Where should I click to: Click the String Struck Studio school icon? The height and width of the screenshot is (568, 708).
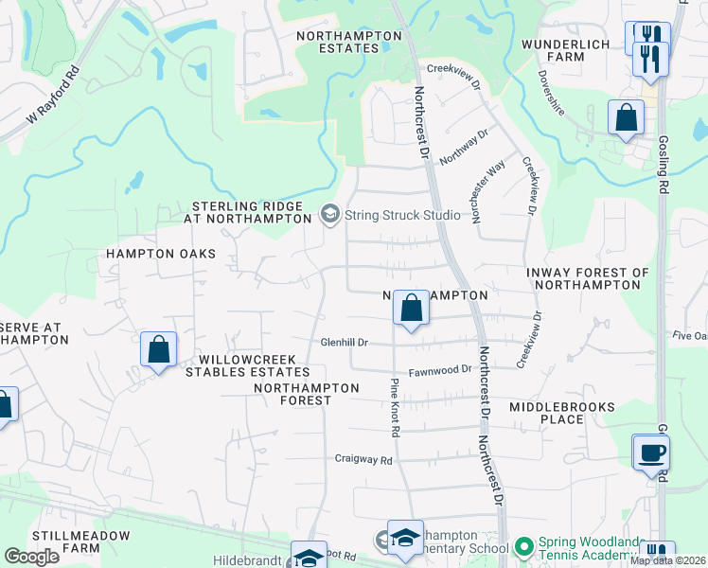[329, 215]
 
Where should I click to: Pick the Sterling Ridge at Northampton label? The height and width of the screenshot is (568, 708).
[251, 212]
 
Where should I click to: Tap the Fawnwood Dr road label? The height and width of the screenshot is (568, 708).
[439, 370]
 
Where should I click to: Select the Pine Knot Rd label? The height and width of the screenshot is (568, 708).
[395, 407]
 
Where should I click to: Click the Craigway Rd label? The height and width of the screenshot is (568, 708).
[363, 459]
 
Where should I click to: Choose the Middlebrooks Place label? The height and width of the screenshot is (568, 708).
[561, 413]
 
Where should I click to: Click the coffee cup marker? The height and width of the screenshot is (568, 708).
[652, 452]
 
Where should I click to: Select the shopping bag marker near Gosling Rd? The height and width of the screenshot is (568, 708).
[627, 117]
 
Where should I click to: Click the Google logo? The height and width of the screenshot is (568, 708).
[31, 556]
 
